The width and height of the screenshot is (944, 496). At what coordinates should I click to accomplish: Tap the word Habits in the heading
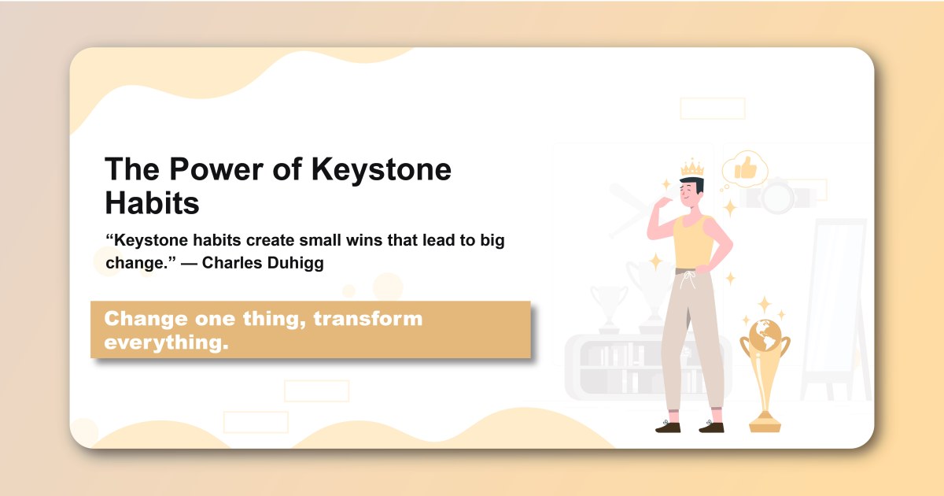(152, 204)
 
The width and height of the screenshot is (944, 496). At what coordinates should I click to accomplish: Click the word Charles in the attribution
(228, 263)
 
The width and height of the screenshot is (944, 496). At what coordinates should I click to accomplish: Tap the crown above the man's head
(691, 167)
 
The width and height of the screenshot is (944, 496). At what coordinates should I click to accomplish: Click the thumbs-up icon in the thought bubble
(744, 167)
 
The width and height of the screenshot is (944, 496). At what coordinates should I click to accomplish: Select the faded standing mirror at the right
(836, 307)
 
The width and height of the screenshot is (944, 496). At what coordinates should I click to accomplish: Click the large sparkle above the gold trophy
(764, 305)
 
